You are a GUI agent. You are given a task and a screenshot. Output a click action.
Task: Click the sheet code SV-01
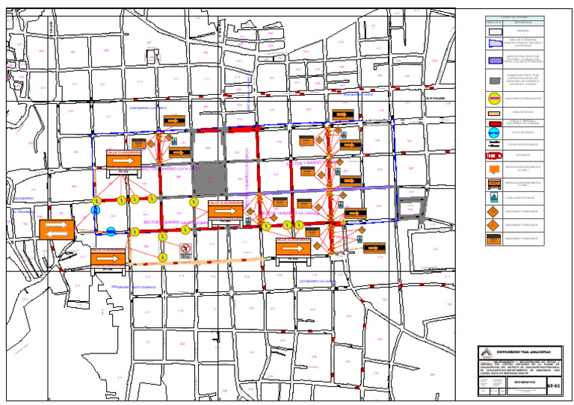pyautogui.click(x=553, y=385)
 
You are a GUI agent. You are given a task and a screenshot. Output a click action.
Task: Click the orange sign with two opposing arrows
pyautogui.click(x=57, y=229)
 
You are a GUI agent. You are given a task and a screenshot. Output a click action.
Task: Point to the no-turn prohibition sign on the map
pyautogui.click(x=186, y=249)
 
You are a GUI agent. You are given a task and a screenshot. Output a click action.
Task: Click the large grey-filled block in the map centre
pyautogui.click(x=214, y=178)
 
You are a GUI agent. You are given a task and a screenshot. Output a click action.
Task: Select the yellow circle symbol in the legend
pyautogui.click(x=493, y=97)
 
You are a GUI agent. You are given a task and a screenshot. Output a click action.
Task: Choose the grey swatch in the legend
pyautogui.click(x=493, y=80)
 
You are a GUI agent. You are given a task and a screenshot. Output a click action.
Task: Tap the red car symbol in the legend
pyautogui.click(x=493, y=156)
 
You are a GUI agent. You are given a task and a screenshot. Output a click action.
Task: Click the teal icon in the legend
pyautogui.click(x=493, y=198)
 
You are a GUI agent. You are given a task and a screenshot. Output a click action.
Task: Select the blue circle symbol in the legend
pyautogui.click(x=493, y=133)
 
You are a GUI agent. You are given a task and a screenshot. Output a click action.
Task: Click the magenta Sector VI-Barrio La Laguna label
pyautogui.click(x=288, y=214)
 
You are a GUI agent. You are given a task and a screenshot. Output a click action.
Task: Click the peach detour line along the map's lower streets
pyautogui.click(x=224, y=261)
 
